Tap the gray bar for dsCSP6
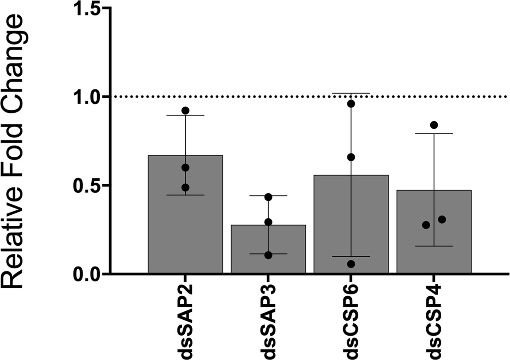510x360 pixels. click(x=351, y=230)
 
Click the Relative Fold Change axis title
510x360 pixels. click(x=18, y=151)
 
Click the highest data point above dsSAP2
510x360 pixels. click(x=185, y=110)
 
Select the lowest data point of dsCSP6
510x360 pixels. click(x=351, y=264)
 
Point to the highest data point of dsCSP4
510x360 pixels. click(x=434, y=125)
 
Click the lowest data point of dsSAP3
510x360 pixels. click(x=268, y=255)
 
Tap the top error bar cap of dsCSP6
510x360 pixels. click(x=351, y=93)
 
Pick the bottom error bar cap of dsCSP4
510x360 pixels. click(x=434, y=246)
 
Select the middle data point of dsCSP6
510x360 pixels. click(x=351, y=157)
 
